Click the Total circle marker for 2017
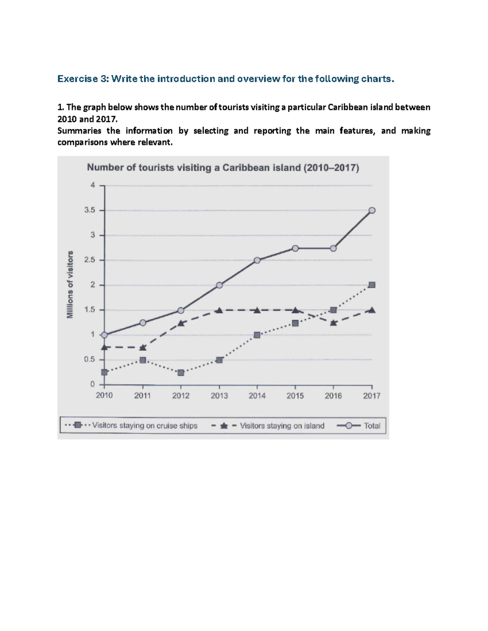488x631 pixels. (x=372, y=210)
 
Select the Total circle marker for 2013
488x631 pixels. (x=219, y=285)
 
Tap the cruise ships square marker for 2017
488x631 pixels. (x=372, y=285)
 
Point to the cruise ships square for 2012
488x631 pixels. (x=181, y=373)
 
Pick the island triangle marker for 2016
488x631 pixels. (x=333, y=323)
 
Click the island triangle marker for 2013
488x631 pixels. (x=219, y=310)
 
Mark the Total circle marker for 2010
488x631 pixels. (x=105, y=335)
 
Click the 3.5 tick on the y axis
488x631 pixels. (x=90, y=210)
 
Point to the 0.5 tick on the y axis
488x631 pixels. (x=90, y=360)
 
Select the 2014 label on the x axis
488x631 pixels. (x=257, y=396)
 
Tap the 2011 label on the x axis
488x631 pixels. (x=143, y=396)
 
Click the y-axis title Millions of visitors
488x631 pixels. (x=70, y=284)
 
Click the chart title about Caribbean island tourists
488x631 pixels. (x=223, y=168)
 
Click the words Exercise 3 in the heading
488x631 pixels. (x=82, y=79)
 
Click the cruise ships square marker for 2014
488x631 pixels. (x=257, y=335)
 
